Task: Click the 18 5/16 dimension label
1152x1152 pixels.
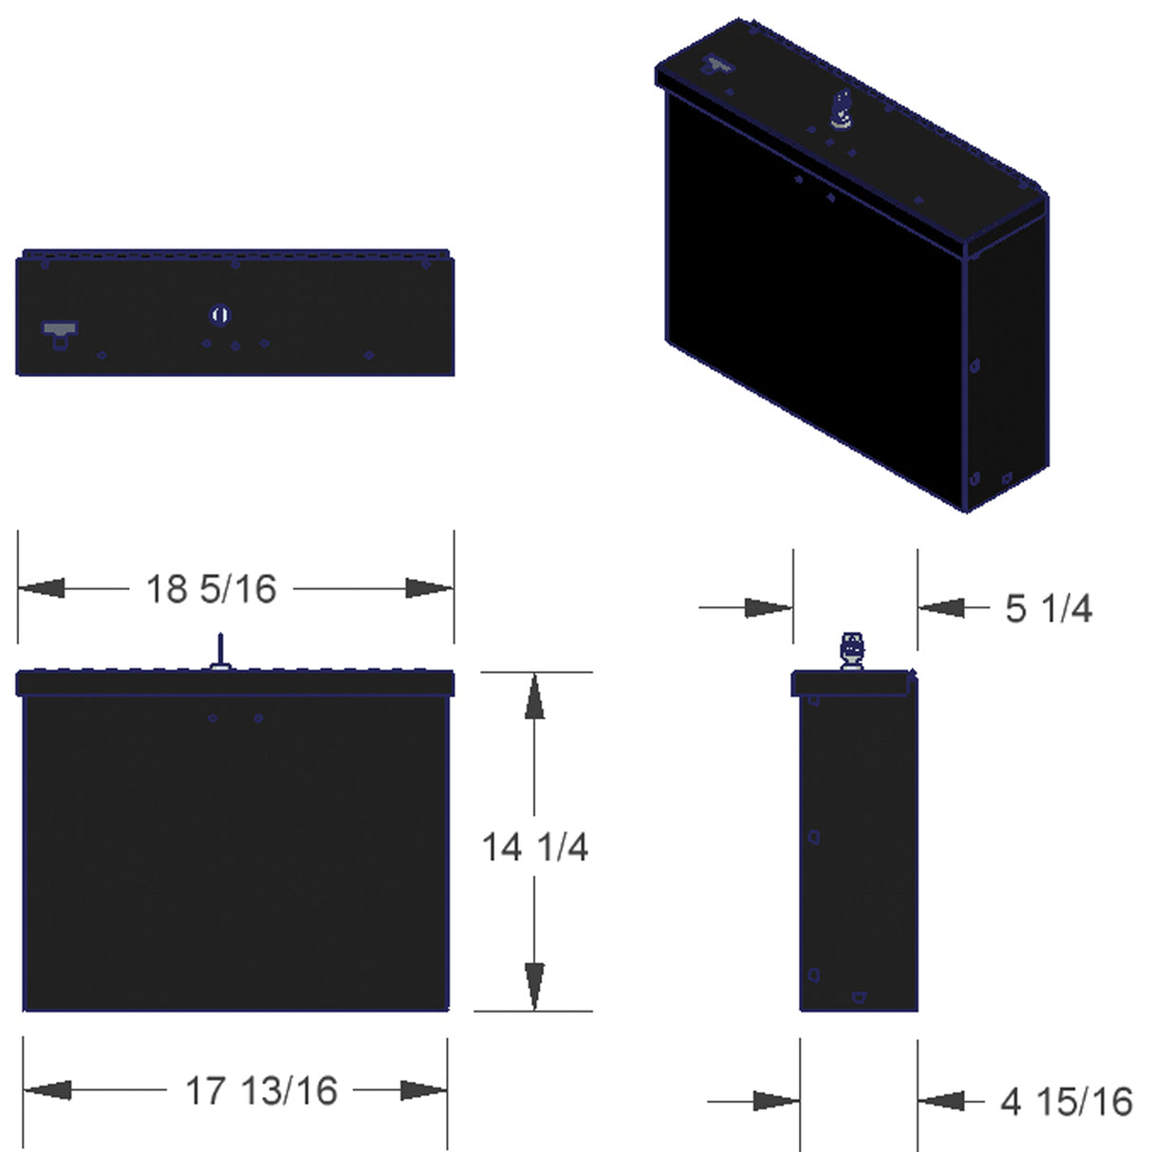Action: point(211,589)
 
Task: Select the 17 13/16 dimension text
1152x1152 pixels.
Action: point(261,1091)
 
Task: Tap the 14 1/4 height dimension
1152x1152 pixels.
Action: point(535,846)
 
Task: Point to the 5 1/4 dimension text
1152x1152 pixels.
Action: point(1049,608)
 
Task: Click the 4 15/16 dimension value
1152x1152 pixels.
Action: point(1067,1102)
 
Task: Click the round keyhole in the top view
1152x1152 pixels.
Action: point(220,315)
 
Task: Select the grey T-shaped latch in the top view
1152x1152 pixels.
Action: point(60,333)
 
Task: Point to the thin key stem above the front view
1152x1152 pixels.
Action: point(220,649)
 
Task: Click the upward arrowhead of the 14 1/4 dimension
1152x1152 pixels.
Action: point(535,697)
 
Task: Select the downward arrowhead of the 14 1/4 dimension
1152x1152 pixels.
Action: point(535,987)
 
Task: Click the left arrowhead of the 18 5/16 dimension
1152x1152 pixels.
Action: point(42,588)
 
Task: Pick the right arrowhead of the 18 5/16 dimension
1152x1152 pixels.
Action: point(429,588)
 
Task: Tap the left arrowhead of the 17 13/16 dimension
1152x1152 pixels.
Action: point(47,1090)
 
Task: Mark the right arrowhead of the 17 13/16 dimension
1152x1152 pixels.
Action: point(423,1090)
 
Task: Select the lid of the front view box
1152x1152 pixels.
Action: point(235,683)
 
